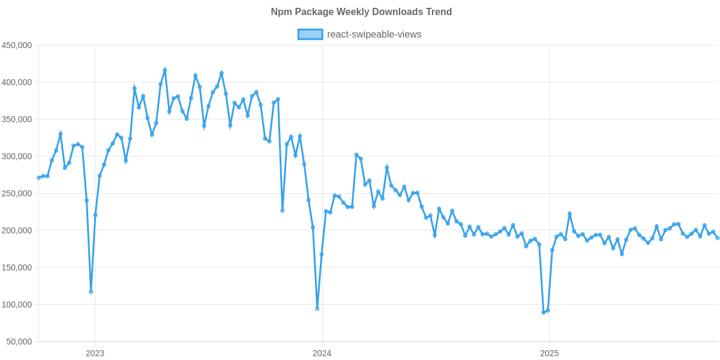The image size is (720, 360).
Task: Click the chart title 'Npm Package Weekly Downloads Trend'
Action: point(361,12)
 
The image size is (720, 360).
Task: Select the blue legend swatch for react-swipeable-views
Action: point(310,35)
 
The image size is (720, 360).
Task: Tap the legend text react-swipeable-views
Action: point(374,35)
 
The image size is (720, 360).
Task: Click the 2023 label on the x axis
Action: point(95,353)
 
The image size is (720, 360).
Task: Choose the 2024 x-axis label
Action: point(322,353)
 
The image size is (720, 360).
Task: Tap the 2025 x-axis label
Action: point(549,353)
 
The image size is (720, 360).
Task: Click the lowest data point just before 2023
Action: point(91,292)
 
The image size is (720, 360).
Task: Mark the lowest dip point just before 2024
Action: point(317,308)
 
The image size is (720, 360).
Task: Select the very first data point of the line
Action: point(38,178)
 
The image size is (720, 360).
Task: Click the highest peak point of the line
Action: point(165,70)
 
